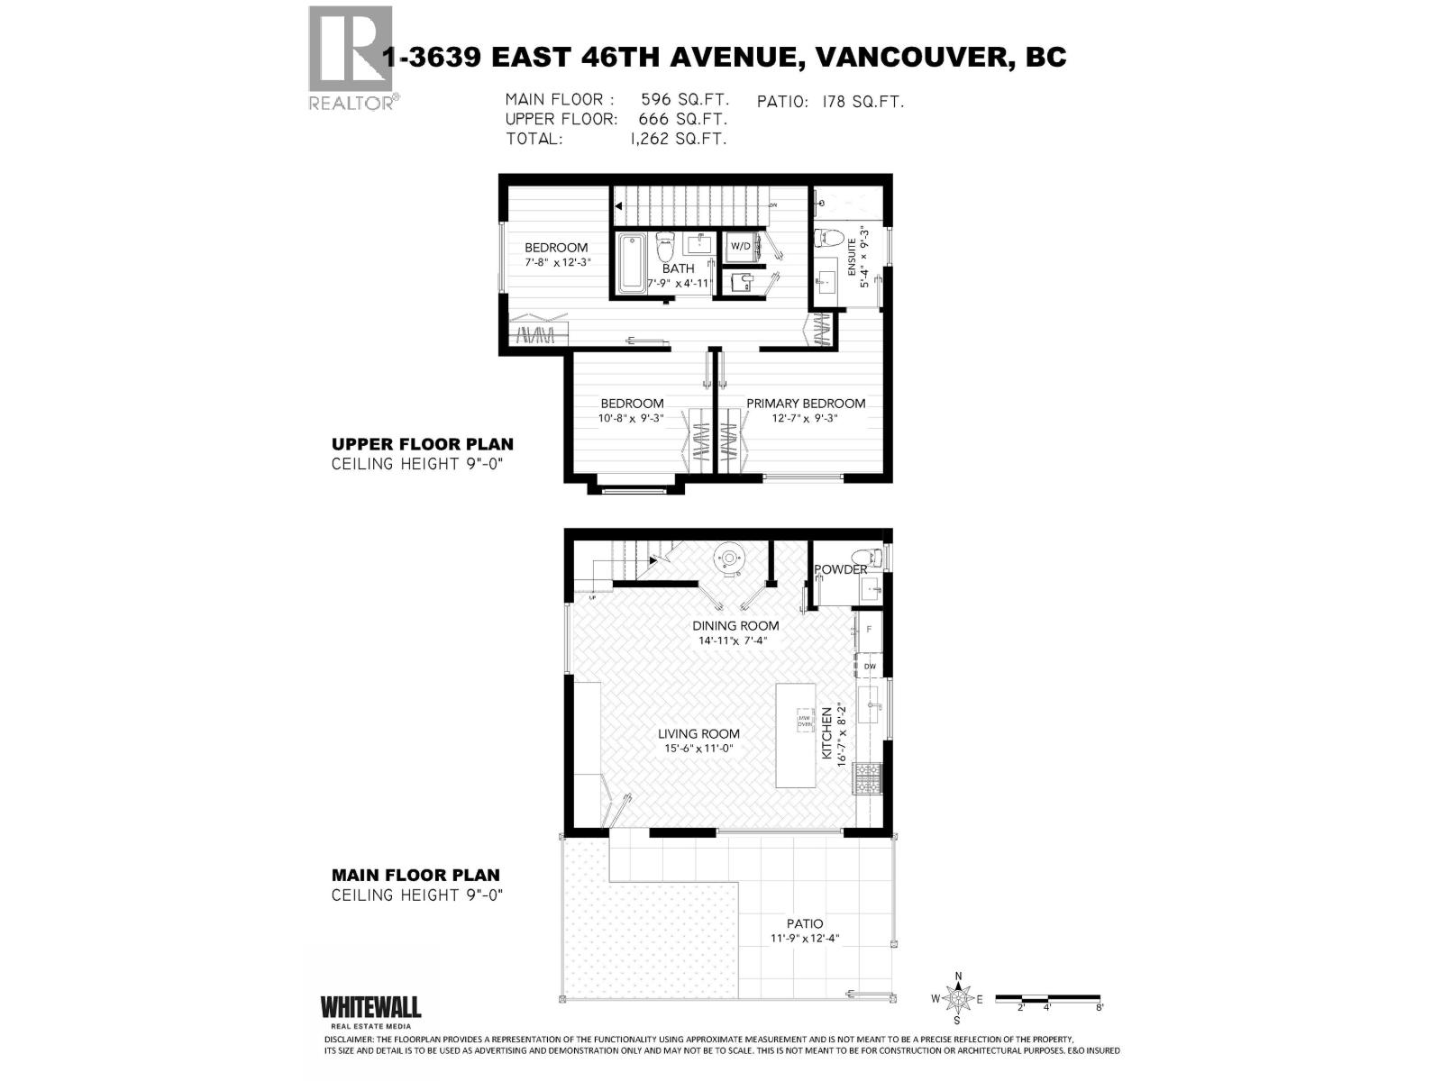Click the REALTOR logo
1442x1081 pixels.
click(351, 57)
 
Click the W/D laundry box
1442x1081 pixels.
click(740, 246)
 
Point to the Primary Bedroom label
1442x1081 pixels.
click(805, 404)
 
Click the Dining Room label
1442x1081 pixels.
click(735, 625)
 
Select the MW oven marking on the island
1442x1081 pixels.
click(804, 719)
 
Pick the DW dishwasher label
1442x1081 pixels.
click(870, 666)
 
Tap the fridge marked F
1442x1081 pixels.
click(870, 629)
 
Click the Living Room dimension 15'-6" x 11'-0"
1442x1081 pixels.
click(698, 749)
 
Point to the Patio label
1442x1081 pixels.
click(804, 923)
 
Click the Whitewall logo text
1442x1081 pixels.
click(370, 1006)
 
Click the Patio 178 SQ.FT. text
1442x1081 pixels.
click(830, 101)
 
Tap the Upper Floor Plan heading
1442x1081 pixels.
click(423, 444)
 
